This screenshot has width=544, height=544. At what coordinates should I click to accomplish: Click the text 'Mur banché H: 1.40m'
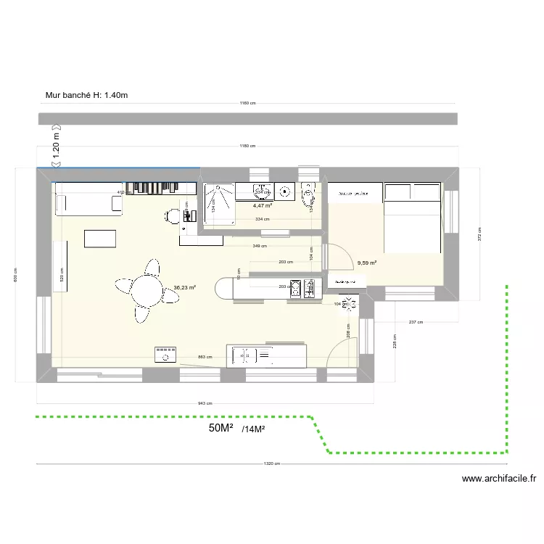86,95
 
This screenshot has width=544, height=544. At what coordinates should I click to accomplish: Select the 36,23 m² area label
184,287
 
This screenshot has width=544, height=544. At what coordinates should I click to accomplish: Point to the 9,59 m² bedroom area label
367,263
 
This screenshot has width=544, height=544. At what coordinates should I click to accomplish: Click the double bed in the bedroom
412,218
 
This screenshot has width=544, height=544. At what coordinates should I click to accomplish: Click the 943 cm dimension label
205,403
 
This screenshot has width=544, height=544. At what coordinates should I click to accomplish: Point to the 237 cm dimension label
416,322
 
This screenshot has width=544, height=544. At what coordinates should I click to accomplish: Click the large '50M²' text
221,429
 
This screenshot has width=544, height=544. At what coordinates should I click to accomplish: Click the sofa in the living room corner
89,204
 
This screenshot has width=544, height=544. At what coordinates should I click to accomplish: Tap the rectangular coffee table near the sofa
100,239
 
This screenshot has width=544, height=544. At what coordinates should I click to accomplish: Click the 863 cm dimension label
205,357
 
